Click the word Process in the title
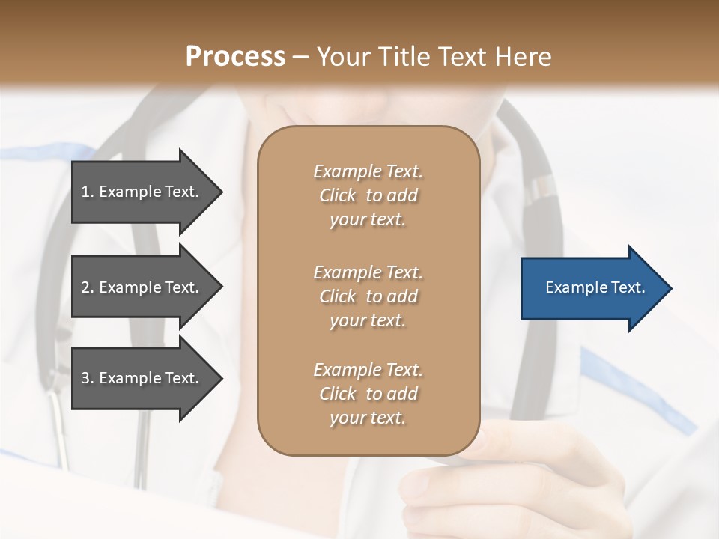click(x=235, y=57)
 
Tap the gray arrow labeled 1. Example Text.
click(x=142, y=192)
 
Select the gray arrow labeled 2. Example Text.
click(x=142, y=287)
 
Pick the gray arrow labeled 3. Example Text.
click(x=142, y=378)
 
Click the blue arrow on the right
click(x=592, y=288)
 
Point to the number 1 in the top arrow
click(x=85, y=192)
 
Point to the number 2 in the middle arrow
click(x=85, y=287)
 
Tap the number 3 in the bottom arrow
click(x=85, y=378)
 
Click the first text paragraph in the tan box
click(x=368, y=195)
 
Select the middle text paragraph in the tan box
click(x=368, y=296)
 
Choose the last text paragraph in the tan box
click(x=368, y=394)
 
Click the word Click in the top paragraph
click(x=338, y=195)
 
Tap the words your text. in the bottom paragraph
click(x=368, y=418)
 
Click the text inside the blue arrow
click(x=595, y=287)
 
